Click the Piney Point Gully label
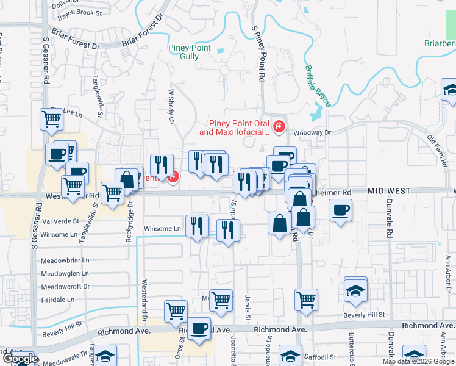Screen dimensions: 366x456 point(190,52)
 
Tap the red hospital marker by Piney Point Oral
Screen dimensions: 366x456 point(279,127)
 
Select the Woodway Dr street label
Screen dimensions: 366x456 point(311,132)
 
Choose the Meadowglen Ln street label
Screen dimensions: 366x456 point(65,274)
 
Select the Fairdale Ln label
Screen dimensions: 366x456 point(57,300)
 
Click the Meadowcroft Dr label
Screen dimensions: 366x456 point(65,286)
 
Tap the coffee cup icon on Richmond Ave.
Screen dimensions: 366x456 point(199,329)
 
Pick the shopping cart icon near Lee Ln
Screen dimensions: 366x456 point(51,119)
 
